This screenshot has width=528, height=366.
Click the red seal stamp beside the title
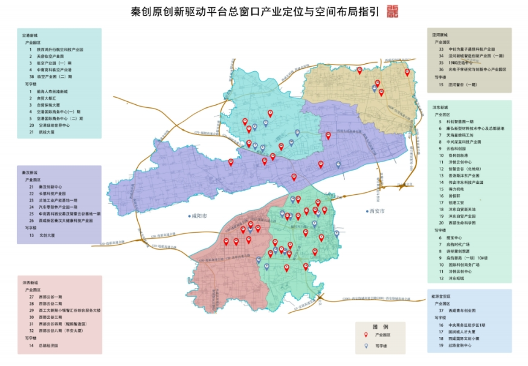(x=393, y=11)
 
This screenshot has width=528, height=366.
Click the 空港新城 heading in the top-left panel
(x=30, y=36)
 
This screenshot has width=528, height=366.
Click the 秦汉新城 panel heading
(x=30, y=172)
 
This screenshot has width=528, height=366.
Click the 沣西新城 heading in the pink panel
(x=30, y=282)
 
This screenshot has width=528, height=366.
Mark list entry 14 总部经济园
(x=46, y=345)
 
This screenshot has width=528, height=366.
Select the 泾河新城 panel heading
(x=440, y=35)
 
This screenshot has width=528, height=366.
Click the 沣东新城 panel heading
(x=440, y=106)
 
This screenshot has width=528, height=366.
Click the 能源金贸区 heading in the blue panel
(x=442, y=297)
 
